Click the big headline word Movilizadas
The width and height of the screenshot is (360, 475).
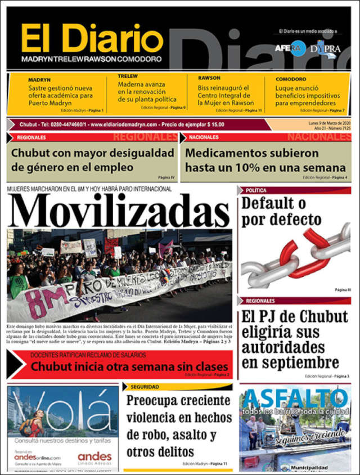click(x=119, y=211)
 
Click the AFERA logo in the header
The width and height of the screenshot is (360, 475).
click(x=290, y=48)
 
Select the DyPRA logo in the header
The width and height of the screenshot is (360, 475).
click(x=326, y=48)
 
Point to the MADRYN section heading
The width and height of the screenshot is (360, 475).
click(x=39, y=80)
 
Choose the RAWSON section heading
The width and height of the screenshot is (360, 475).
click(x=209, y=78)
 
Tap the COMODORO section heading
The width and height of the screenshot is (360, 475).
click(x=291, y=79)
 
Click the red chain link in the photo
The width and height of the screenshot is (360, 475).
click(x=304, y=248)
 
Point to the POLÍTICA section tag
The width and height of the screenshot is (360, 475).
click(x=256, y=190)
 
